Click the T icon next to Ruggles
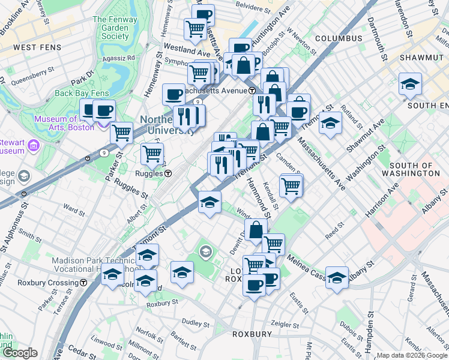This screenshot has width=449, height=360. pos(169,173)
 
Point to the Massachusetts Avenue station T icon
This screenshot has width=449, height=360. pos(252,90)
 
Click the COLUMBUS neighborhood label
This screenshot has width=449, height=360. pos(339,38)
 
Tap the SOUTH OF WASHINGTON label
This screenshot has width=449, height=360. pos(411,169)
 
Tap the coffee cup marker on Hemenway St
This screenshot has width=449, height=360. pos(173,94)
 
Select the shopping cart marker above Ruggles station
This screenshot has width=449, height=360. pos(152,154)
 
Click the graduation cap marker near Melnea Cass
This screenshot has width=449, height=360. pos(337,278)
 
